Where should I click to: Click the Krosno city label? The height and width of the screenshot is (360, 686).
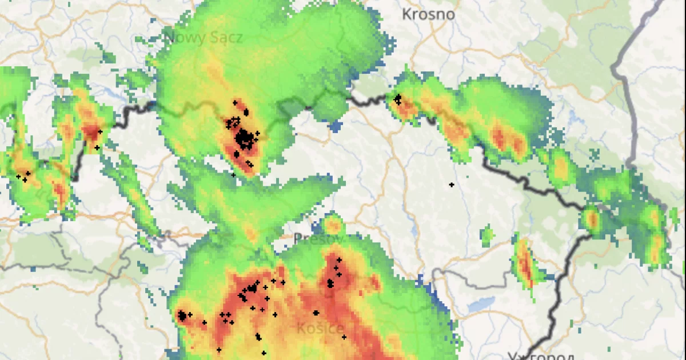[x=428, y=14]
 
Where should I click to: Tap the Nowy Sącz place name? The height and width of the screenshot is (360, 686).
[x=204, y=38]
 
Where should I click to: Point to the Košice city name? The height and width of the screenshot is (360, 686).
[x=321, y=329]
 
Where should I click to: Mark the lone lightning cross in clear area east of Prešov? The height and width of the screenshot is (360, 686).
[x=451, y=185]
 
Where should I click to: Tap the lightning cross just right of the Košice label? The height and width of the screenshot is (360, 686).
[x=344, y=337]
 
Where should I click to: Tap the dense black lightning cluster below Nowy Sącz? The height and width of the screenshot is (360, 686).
[x=244, y=138]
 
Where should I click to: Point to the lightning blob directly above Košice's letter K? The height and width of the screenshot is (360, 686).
[x=316, y=313]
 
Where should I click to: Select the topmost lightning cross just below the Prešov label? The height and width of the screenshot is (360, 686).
[x=338, y=261]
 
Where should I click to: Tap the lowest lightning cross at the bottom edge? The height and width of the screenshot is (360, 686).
[x=264, y=353]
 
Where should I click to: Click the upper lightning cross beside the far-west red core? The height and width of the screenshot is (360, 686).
[x=100, y=132]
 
